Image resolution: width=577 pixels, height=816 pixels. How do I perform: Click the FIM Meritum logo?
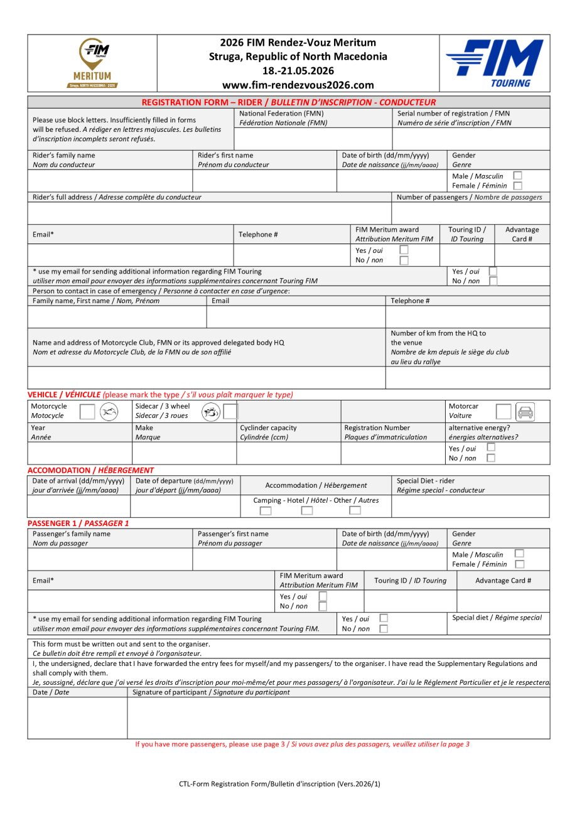(92, 62)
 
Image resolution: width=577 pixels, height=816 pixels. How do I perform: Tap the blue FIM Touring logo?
(494, 63)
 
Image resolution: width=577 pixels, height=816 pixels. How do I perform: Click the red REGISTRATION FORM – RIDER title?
(288, 102)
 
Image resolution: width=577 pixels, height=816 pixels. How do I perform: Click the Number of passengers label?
(469, 197)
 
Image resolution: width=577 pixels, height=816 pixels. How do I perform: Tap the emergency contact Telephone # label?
(410, 301)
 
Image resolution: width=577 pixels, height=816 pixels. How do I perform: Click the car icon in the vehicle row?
(526, 412)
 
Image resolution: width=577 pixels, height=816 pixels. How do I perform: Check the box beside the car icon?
(504, 412)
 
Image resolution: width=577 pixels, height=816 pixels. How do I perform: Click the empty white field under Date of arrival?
(79, 506)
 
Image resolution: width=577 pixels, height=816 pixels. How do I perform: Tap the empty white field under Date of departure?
(185, 506)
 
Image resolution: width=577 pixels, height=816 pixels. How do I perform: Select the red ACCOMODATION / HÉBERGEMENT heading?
(90, 470)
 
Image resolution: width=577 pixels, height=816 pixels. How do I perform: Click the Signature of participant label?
(211, 692)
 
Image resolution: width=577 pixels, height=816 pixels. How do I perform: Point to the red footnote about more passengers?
(303, 744)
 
